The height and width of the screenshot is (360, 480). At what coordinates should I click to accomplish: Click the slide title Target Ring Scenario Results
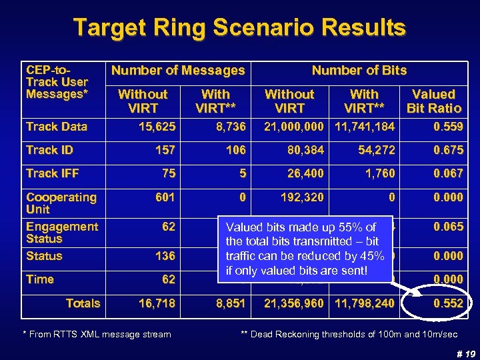point(239,28)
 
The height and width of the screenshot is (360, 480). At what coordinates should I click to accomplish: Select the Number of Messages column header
point(178,70)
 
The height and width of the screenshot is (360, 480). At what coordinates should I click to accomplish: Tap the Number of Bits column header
point(359,70)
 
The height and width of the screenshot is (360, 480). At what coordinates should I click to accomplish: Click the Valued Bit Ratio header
point(433,101)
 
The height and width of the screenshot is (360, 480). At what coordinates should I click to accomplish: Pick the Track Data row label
point(57,127)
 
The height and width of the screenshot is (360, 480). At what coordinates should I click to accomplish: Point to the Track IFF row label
point(52,173)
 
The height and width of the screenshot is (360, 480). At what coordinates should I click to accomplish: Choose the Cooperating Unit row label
point(61,203)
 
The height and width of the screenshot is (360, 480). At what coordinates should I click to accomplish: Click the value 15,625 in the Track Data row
point(157,127)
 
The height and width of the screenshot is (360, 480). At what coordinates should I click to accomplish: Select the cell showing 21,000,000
point(294,127)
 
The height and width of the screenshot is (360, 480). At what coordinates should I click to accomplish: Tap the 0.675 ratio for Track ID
point(447,150)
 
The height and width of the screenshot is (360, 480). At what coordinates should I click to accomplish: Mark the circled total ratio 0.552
point(447,303)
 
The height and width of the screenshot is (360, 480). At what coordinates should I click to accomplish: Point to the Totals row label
point(83,303)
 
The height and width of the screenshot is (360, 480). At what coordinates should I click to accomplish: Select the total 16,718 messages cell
point(157,303)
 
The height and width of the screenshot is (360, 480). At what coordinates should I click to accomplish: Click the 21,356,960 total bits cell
point(294,303)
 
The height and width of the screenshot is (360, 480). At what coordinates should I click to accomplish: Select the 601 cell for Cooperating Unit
point(165,197)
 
